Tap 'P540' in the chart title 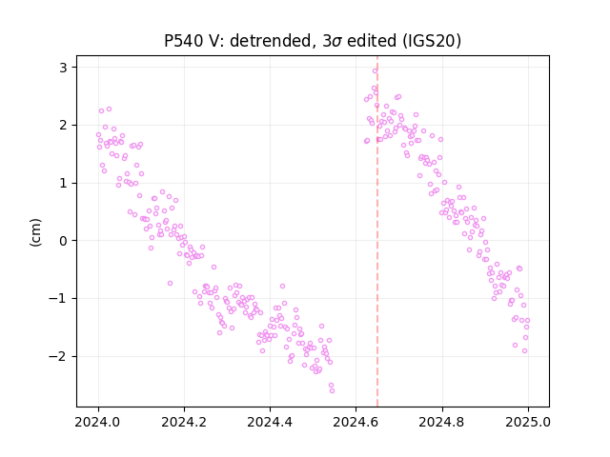point(182,40)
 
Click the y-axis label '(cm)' point(35,232)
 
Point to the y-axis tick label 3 point(63,68)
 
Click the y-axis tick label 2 point(63,125)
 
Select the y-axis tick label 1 point(63,183)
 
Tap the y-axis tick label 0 point(63,241)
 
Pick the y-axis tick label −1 point(58,298)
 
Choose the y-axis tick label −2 point(58,356)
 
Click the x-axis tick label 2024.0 point(98,422)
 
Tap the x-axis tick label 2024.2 point(184,422)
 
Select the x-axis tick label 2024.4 point(270,422)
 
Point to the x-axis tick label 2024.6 point(356,422)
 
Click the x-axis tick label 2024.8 point(442,422)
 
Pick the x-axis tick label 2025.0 point(528,422)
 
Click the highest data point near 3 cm point(375,71)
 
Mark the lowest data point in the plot point(332,391)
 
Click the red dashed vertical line point(377,231)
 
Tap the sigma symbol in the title point(338,42)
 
